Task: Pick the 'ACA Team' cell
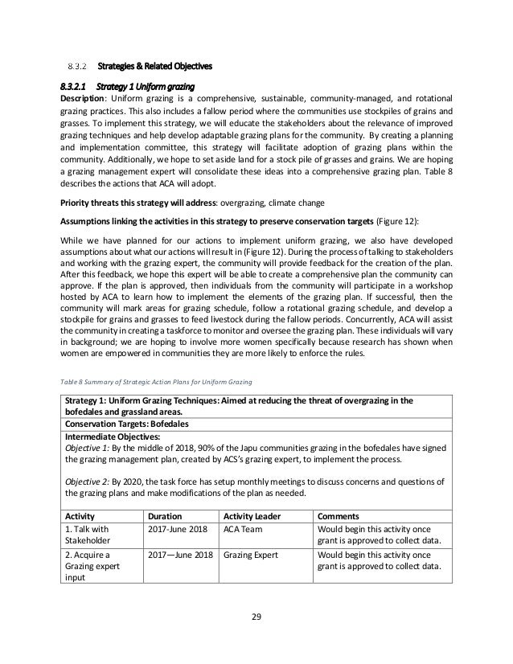[244, 531]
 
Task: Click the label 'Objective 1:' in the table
[89, 447]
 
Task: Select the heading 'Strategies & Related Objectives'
[155, 64]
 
